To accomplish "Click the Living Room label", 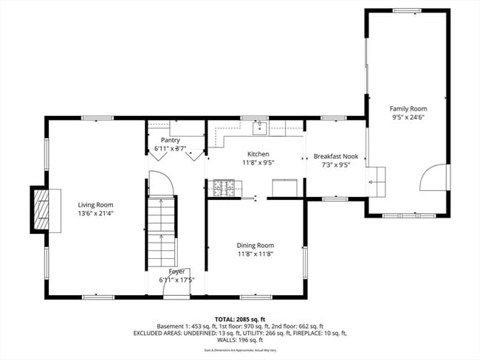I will (96, 204).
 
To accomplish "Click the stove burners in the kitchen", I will (222, 188).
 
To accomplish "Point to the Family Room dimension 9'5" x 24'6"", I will (408, 117).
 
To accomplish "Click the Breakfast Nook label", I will (336, 156).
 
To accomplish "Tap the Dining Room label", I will (255, 245).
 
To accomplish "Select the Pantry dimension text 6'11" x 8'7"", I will (171, 149).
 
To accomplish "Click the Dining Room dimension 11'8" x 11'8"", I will (255, 254).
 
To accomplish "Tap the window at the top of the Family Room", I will (408, 10).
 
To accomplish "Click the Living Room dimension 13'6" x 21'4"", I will (96, 213).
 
